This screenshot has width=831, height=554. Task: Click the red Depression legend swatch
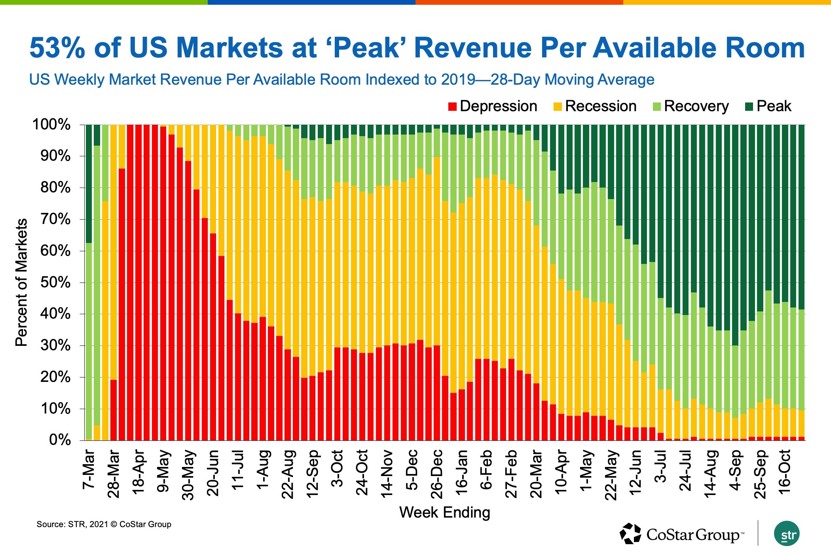453,107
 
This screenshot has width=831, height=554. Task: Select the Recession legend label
600,106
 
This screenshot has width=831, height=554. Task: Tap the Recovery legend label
696,106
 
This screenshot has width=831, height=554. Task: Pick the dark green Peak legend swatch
749,107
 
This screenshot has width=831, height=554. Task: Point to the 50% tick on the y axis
55,283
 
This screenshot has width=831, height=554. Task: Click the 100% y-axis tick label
51,125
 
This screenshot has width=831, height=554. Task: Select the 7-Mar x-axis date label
89,469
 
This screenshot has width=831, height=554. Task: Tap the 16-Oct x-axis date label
785,471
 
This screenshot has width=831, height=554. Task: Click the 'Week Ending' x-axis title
444,512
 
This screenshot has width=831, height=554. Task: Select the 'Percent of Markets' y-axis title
21,283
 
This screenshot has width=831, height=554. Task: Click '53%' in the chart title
57,48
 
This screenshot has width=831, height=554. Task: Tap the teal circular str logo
787,534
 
